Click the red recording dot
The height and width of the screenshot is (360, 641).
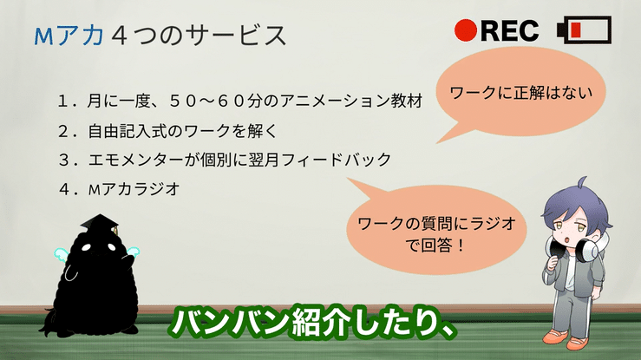[466, 30]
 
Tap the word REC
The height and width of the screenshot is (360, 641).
[510, 30]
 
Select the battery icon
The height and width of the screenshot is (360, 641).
[584, 29]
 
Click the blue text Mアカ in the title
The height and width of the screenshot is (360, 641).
[69, 36]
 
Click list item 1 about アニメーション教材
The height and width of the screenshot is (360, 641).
[240, 101]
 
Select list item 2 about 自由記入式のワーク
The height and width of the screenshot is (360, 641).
[167, 131]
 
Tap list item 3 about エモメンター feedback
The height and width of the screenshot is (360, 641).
[225, 160]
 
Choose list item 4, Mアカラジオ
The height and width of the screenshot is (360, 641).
[120, 189]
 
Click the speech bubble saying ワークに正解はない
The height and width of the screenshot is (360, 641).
[520, 92]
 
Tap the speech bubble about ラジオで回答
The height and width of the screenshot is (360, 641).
[435, 229]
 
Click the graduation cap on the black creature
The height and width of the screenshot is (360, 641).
[100, 224]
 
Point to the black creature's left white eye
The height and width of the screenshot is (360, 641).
[86, 247]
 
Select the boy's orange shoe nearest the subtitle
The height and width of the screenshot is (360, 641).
[556, 336]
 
